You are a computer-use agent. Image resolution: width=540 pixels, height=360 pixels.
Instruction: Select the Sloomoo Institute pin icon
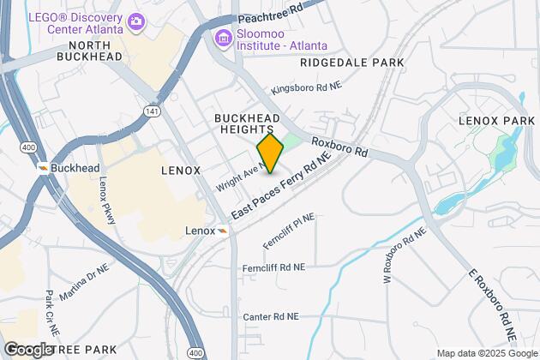(x=224, y=38)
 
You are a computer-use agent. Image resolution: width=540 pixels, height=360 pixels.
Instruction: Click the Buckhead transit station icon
(x=42, y=167)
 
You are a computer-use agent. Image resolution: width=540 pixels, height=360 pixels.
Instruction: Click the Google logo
(x=28, y=349)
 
